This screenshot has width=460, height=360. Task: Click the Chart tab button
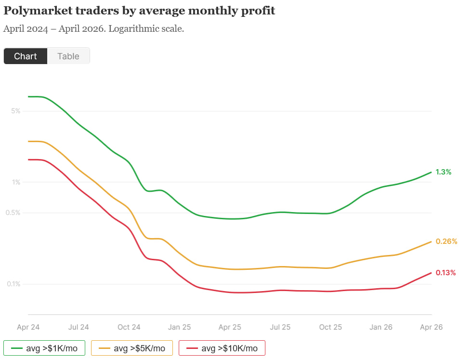pyautogui.click(x=26, y=56)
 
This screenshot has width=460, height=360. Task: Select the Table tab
pyautogui.click(x=68, y=56)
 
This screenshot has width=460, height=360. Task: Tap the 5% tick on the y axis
pyautogui.click(x=15, y=111)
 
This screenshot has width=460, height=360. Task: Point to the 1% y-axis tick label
pyautogui.click(x=15, y=182)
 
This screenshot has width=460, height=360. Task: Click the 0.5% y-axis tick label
pyautogui.click(x=13, y=213)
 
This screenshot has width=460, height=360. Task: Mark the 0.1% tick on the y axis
pyautogui.click(x=13, y=284)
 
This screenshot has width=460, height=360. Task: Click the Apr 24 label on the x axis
pyautogui.click(x=28, y=327)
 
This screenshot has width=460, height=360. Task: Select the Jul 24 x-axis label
pyautogui.click(x=79, y=327)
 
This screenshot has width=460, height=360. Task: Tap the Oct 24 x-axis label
pyautogui.click(x=129, y=327)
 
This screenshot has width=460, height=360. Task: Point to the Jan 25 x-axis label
pyautogui.click(x=179, y=327)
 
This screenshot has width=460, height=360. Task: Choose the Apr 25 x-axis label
pyautogui.click(x=230, y=327)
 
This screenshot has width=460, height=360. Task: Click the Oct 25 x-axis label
pyautogui.click(x=330, y=327)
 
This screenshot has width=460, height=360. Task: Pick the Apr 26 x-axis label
pyautogui.click(x=431, y=327)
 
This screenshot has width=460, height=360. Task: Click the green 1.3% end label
pyautogui.click(x=443, y=172)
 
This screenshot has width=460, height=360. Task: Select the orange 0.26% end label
pyautogui.click(x=446, y=241)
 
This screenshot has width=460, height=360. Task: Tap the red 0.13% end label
pyautogui.click(x=446, y=273)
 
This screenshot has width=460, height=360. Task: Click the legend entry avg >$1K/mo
pyautogui.click(x=44, y=348)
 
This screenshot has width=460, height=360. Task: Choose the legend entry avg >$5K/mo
pyautogui.click(x=132, y=348)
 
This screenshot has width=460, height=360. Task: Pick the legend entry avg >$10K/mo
pyautogui.click(x=222, y=348)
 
